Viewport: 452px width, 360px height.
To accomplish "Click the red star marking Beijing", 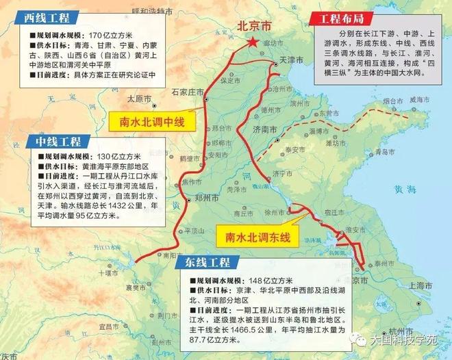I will (x=254, y=43).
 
